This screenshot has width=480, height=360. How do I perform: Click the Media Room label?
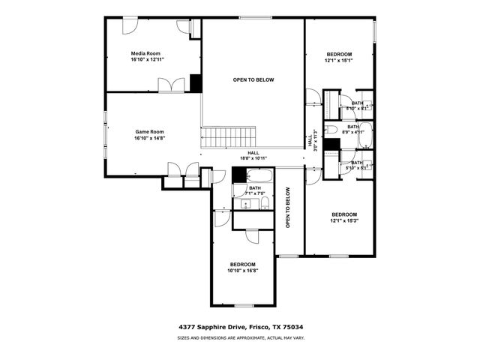click(x=147, y=53)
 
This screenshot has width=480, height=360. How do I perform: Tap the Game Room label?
click(x=148, y=132)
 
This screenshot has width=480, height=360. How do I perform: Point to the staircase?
click(x=229, y=137)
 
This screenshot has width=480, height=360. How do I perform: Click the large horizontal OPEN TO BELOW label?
click(x=253, y=79)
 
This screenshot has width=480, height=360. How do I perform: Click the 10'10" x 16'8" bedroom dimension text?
click(x=242, y=271)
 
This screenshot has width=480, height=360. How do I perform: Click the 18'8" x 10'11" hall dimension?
click(x=253, y=158)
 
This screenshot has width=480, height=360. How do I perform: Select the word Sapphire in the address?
click(x=214, y=327)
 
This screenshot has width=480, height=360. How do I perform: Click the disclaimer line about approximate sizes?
click(x=241, y=338)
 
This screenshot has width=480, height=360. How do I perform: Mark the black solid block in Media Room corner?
click(x=196, y=82)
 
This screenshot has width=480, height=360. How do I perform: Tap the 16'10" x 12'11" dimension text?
click(x=147, y=59)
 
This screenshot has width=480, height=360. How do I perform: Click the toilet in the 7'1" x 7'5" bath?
click(x=262, y=203)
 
